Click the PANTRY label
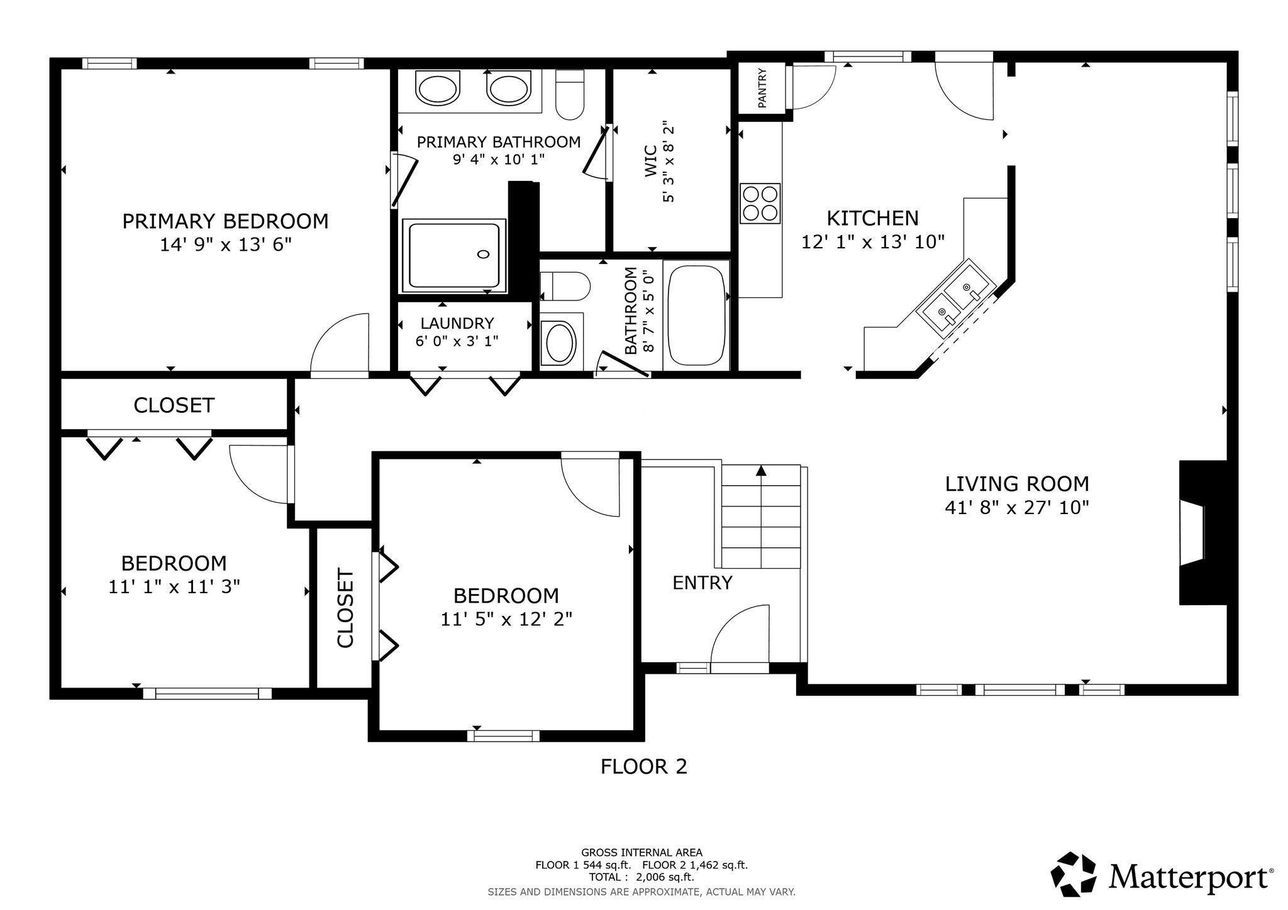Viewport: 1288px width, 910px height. (x=762, y=88)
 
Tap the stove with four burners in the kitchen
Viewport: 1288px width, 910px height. (x=760, y=203)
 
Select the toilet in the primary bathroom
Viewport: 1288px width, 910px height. (x=570, y=94)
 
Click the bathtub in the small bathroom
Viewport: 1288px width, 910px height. (x=697, y=315)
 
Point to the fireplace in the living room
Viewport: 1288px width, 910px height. (x=1202, y=533)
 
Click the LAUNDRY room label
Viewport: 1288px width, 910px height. (x=457, y=323)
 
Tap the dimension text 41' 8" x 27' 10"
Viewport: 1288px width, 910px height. (x=1017, y=508)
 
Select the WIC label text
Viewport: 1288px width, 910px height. (x=651, y=161)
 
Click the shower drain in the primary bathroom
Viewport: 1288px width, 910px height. (x=483, y=254)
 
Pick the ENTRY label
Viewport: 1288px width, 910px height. (x=702, y=583)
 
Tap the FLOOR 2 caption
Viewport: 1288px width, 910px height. (x=644, y=767)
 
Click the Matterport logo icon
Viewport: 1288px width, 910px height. (x=1078, y=875)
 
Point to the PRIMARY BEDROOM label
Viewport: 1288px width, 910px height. (x=225, y=221)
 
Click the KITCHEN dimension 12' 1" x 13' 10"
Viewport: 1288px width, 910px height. (x=873, y=242)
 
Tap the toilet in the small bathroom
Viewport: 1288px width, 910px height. (x=565, y=287)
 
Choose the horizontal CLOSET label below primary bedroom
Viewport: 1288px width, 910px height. (x=174, y=405)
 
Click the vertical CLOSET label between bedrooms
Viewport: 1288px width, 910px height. (x=346, y=608)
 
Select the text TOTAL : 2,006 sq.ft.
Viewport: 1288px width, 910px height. (x=641, y=877)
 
